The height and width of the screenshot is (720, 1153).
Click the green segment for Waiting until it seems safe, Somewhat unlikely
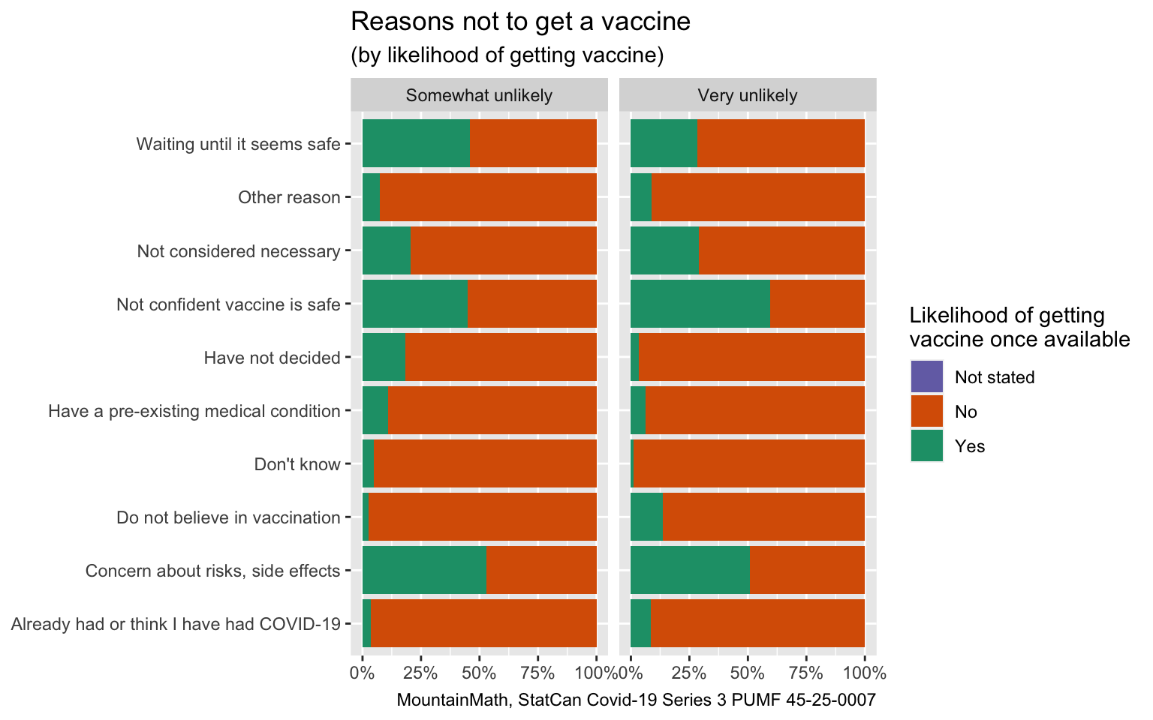pyautogui.click(x=415, y=143)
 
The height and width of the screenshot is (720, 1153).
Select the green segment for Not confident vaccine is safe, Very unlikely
pyautogui.click(x=700, y=304)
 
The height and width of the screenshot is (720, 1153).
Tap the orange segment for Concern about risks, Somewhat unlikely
pyautogui.click(x=541, y=570)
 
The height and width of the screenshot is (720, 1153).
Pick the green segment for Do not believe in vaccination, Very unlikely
pyautogui.click(x=646, y=517)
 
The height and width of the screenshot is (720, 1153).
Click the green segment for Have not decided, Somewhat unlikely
pyautogui.click(x=383, y=357)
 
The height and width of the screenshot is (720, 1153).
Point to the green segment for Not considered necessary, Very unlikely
pyautogui.click(x=664, y=250)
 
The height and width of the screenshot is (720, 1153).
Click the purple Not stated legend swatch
pyautogui.click(x=926, y=377)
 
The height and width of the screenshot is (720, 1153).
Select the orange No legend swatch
pyautogui.click(x=926, y=412)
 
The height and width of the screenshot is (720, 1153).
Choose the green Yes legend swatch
pyautogui.click(x=926, y=446)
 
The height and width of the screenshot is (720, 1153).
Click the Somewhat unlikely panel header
pyautogui.click(x=479, y=95)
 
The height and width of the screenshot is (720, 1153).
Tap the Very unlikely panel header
pyautogui.click(x=747, y=95)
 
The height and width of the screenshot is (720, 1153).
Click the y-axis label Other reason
pyautogui.click(x=289, y=197)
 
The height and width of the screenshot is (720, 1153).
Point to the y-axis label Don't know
pyautogui.click(x=297, y=464)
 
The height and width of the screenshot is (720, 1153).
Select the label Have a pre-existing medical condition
pyautogui.click(x=194, y=411)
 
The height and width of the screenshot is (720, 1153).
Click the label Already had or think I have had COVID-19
pyautogui.click(x=176, y=624)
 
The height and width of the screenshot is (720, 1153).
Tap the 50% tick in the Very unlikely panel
pyautogui.click(x=748, y=672)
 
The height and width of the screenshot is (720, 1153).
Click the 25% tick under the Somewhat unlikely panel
pyautogui.click(x=420, y=672)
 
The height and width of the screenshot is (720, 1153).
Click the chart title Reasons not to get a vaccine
pyautogui.click(x=520, y=22)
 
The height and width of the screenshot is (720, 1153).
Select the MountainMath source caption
pyautogui.click(x=636, y=700)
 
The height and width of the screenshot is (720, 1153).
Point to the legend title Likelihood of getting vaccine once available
pyautogui.click(x=1019, y=327)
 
